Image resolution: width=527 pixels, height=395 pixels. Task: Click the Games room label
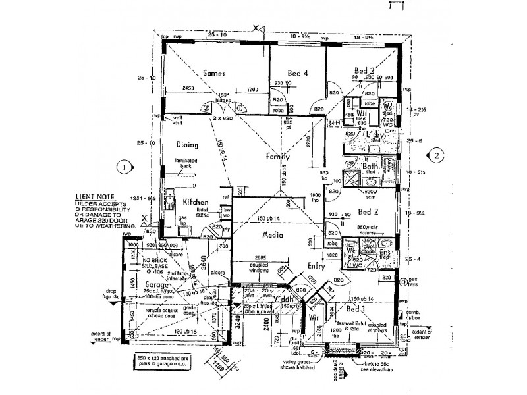[215, 73]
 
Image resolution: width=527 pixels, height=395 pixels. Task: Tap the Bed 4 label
[298, 74]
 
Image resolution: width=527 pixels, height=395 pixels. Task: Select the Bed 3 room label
[364, 70]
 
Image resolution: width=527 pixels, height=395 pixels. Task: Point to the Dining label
[187, 144]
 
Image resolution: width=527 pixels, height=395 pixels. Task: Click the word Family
[279, 157]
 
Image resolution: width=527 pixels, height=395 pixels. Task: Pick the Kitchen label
[196, 202]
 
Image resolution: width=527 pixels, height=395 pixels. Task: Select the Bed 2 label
[368, 212]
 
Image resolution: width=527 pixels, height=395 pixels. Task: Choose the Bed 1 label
[355, 309]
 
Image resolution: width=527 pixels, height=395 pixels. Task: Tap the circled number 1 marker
[122, 167]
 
